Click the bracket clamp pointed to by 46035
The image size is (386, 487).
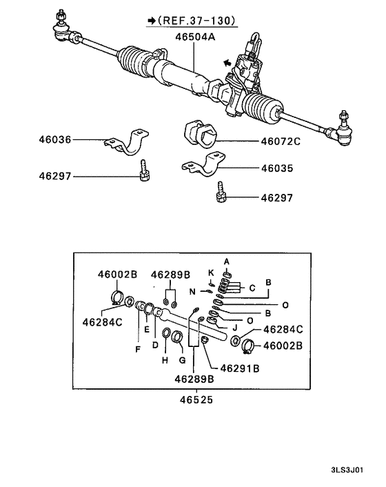199,169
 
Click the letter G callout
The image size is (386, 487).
183,360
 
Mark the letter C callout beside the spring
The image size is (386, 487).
252,286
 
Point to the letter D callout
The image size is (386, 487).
155,344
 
